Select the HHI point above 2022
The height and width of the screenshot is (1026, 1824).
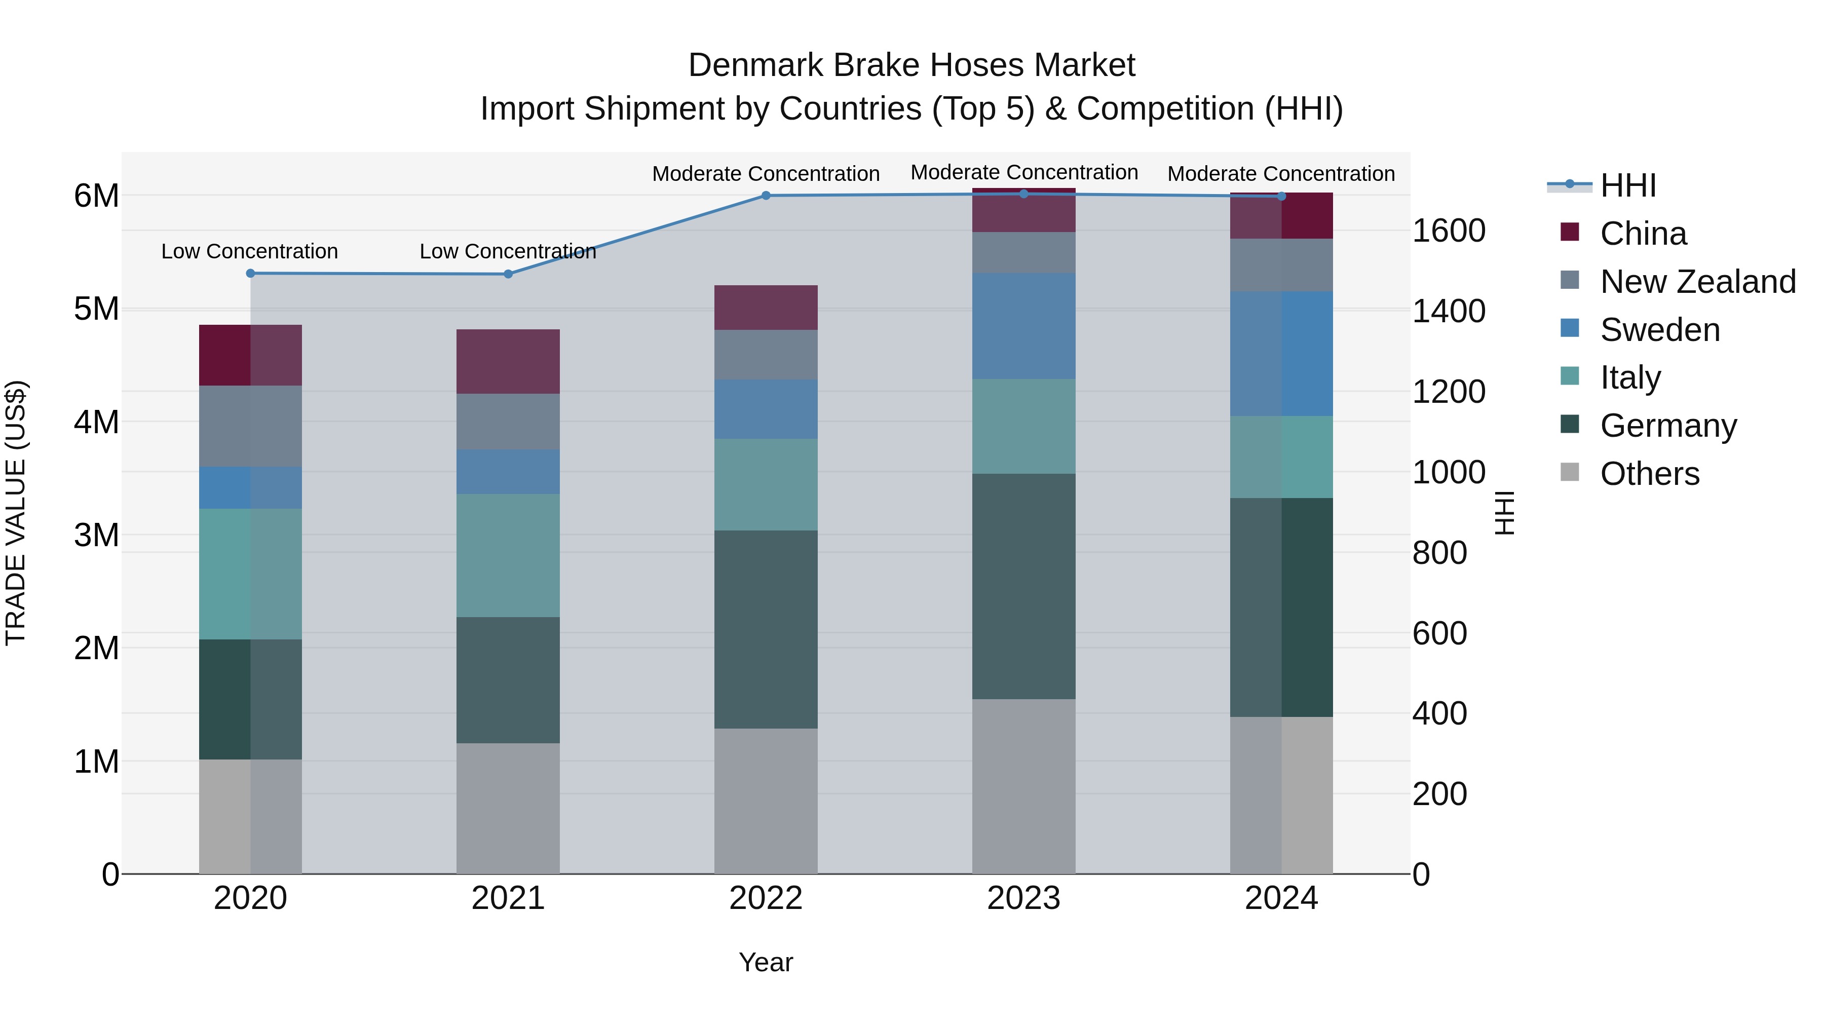click(x=766, y=196)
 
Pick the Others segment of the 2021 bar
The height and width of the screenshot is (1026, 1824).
click(x=508, y=808)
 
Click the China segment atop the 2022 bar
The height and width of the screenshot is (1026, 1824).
click(x=766, y=308)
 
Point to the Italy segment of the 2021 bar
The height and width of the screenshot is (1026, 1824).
click(x=508, y=555)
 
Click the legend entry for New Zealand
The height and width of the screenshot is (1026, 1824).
click(x=1698, y=282)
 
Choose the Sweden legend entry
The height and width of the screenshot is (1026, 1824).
click(x=1660, y=330)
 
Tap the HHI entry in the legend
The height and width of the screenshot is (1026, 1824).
click(x=1627, y=185)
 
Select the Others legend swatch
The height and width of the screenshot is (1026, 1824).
click(x=1570, y=472)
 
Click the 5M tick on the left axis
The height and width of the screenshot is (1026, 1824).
click(x=96, y=309)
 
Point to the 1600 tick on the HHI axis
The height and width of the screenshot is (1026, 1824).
click(x=1449, y=231)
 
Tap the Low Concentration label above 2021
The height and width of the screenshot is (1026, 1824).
click(x=508, y=251)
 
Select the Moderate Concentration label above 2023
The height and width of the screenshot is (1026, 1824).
click(x=1024, y=172)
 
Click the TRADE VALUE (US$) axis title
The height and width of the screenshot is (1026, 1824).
click(x=16, y=513)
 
